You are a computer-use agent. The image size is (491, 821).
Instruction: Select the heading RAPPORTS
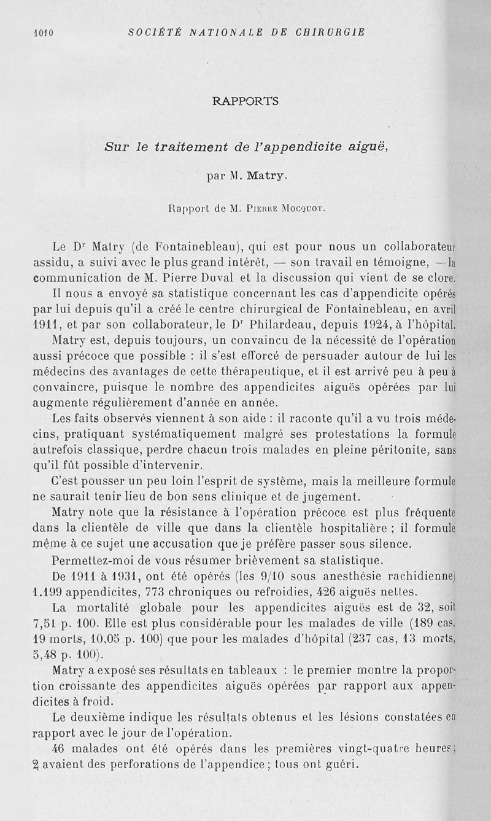tap(245, 101)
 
